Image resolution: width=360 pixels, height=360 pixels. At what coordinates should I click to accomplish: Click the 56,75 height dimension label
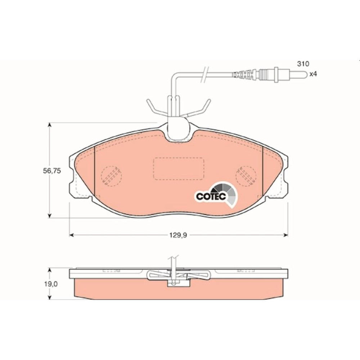click(x=52, y=171)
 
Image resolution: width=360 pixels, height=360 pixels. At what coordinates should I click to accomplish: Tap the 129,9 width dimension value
click(x=179, y=235)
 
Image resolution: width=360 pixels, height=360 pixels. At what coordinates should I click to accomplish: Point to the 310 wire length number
click(x=303, y=64)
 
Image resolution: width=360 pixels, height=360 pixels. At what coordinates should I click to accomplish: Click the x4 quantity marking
click(x=313, y=74)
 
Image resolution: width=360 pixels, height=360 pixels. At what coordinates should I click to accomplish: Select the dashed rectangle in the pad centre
click(x=179, y=169)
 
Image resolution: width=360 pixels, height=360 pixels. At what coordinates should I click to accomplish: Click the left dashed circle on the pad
click(x=111, y=176)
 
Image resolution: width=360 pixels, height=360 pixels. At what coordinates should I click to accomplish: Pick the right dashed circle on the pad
click(x=246, y=176)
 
